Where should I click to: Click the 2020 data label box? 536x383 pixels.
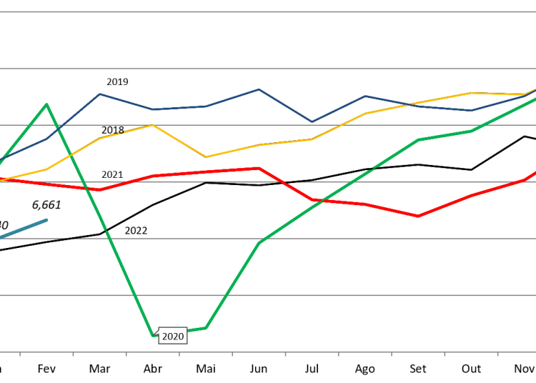[173, 337]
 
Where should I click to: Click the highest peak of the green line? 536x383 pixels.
[47, 104]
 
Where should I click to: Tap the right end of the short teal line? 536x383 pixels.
[47, 219]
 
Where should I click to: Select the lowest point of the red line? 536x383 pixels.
[418, 216]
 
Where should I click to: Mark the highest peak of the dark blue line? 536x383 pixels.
[259, 89]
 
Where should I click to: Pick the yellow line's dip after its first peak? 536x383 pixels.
[206, 156]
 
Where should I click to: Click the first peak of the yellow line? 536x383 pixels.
[152, 125]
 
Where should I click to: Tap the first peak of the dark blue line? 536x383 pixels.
[100, 94]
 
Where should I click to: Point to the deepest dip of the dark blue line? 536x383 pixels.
[312, 121]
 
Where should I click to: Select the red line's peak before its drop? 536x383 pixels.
[259, 168]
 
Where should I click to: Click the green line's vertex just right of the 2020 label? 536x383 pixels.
[206, 328]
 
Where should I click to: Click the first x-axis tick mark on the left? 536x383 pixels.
[20, 354]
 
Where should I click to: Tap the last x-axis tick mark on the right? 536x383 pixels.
[497, 354]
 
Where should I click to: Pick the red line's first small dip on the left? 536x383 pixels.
[100, 189]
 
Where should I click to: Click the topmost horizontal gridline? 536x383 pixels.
[268, 12]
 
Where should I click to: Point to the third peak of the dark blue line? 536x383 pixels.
[364, 96]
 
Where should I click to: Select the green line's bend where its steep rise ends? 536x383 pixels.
[418, 139]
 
